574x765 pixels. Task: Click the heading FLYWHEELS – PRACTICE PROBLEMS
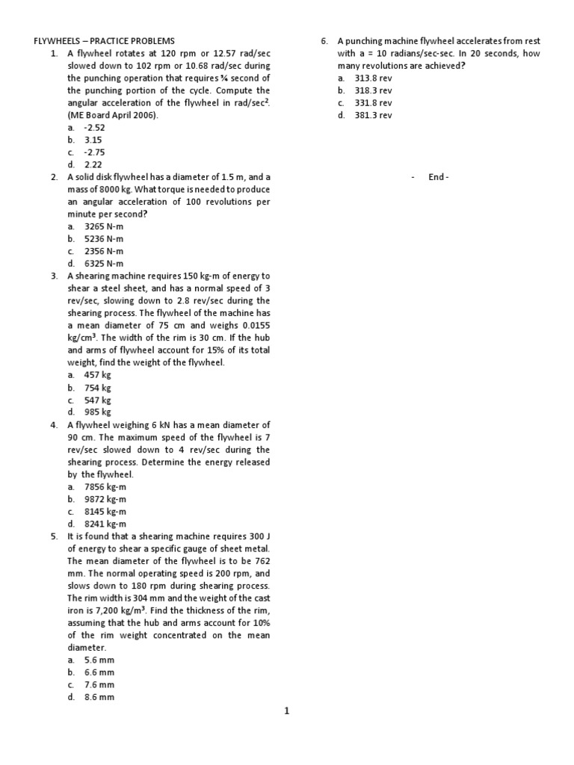[105, 41]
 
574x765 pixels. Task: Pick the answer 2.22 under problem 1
[93, 164]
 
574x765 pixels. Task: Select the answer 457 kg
[98, 374]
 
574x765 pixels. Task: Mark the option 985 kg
[98, 412]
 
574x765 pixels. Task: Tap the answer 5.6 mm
[99, 660]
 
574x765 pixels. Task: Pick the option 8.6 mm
[99, 697]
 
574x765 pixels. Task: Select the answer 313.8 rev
[373, 78]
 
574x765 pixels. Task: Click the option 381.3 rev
[373, 115]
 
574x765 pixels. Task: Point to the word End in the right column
[436, 177]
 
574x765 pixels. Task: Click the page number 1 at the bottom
[286, 711]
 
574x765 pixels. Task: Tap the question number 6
[324, 41]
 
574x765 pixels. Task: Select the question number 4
[55, 424]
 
